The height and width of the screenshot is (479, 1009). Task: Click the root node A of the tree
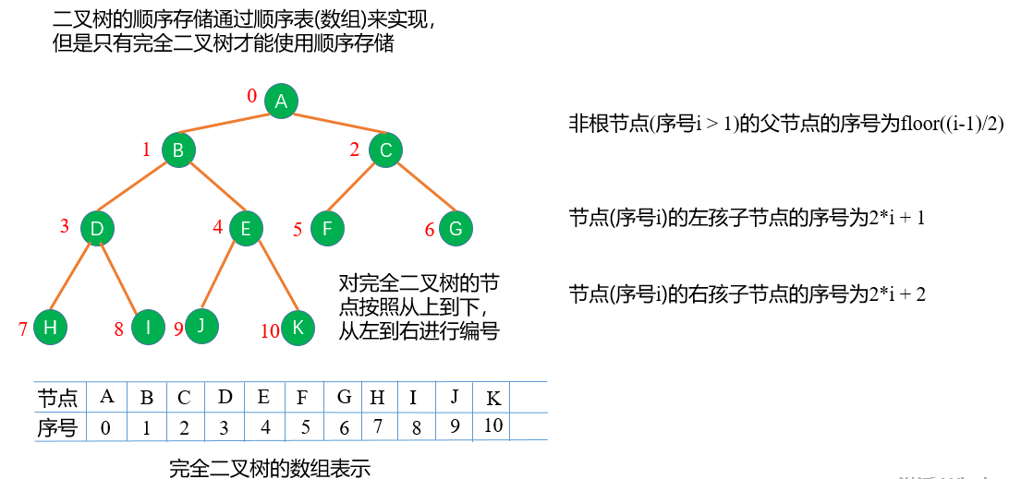(x=281, y=102)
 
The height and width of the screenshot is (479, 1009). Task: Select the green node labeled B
(x=179, y=150)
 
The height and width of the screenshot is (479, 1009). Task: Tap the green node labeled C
(x=386, y=150)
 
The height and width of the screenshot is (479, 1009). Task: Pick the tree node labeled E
(x=246, y=228)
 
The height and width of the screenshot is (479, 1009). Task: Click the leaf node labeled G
(x=455, y=228)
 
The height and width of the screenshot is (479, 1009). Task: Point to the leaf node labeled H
(x=50, y=328)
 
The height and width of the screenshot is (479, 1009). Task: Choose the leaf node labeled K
(x=298, y=329)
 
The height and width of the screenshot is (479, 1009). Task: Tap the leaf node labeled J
(x=201, y=325)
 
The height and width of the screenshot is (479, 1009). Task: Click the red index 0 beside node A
(x=251, y=96)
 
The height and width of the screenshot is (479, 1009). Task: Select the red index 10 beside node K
(x=270, y=331)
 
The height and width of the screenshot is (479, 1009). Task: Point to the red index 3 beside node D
(x=65, y=226)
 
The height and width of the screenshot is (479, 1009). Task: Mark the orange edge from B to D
(x=138, y=188)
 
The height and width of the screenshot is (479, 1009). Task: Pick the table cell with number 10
(x=492, y=426)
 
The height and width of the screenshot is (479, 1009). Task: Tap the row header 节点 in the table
(x=57, y=399)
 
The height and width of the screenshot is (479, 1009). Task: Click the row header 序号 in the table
(x=57, y=427)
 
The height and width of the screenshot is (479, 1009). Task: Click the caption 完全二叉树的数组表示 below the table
(x=270, y=468)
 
